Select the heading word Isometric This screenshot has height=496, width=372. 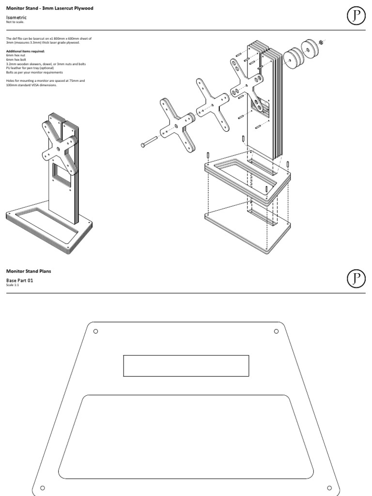point(16,17)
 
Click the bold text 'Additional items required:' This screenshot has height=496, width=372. point(25,51)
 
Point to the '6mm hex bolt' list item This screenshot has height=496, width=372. point(16,58)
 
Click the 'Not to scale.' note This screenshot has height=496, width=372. point(14,22)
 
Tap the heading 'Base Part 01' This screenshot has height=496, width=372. point(21,280)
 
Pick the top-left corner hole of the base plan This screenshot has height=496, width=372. point(95,331)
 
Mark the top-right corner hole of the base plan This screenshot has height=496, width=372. point(276,331)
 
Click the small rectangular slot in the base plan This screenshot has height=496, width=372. point(186,366)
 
